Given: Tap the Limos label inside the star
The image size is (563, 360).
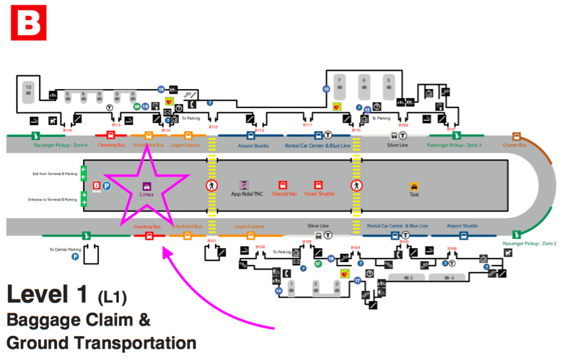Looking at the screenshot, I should (x=147, y=195).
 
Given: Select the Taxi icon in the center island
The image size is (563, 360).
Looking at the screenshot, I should (x=414, y=187).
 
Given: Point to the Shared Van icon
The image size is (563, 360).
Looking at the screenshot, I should (x=283, y=185).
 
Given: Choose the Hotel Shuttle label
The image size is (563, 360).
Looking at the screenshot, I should (x=319, y=194).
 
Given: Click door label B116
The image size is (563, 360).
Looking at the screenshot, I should (x=68, y=130).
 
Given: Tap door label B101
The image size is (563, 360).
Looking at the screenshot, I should (x=212, y=241).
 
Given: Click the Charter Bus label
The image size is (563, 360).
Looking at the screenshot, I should (x=514, y=145).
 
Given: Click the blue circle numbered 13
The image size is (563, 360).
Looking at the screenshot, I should (x=326, y=88).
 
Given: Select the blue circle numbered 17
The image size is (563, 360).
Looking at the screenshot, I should (x=357, y=281).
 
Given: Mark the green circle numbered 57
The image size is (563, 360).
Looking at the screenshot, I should (x=318, y=264).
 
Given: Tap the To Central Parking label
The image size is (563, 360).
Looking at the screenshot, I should (x=65, y=250).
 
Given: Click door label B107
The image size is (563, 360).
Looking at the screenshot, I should (x=452, y=130).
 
